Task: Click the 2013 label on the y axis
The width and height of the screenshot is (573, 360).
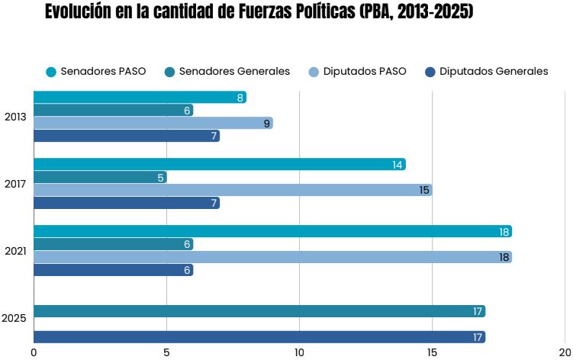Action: click(x=15, y=117)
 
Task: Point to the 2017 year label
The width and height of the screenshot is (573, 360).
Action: click(x=15, y=184)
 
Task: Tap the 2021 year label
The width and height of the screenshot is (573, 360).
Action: click(x=15, y=251)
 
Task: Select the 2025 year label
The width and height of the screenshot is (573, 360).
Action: click(x=15, y=318)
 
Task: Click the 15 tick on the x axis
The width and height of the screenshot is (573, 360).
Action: click(x=432, y=352)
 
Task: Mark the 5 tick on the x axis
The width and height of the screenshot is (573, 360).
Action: click(x=166, y=352)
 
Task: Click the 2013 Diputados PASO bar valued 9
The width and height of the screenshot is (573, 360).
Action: click(x=153, y=124)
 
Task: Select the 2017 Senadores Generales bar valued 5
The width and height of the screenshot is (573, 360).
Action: click(x=100, y=178)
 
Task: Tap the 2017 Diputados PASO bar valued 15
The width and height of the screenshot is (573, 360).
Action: click(x=233, y=191)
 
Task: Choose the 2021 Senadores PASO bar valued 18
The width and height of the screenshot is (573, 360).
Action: click(x=272, y=232)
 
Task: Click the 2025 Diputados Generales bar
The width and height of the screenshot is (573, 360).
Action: click(x=259, y=337)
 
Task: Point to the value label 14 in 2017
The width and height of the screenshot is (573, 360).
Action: click(x=398, y=165)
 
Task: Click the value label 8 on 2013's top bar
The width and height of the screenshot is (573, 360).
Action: click(x=240, y=98)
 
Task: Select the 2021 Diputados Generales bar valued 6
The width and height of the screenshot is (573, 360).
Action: click(x=113, y=270)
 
